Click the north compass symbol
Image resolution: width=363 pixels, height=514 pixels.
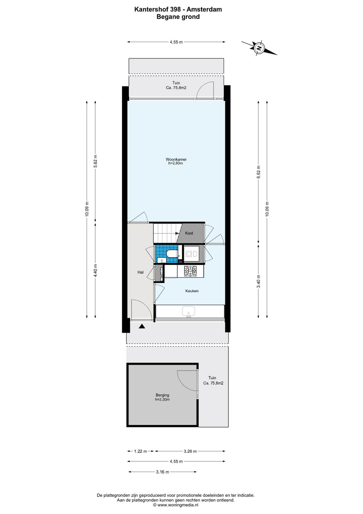[x=259, y=48]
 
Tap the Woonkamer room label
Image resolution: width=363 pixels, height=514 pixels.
[x=176, y=160]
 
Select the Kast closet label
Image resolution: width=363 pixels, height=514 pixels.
[x=189, y=233]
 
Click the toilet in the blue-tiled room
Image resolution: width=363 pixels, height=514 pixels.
[x=172, y=254]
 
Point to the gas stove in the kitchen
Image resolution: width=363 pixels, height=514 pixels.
[x=190, y=271]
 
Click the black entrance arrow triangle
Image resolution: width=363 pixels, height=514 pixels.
[x=142, y=326]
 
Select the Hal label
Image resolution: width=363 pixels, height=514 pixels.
[x=140, y=272]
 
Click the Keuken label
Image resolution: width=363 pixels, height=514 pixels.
[x=192, y=291]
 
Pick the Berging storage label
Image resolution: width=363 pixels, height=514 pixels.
[x=163, y=395]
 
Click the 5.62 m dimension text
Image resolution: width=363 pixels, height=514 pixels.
[x=95, y=161]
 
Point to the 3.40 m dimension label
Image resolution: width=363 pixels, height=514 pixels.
[x=258, y=281]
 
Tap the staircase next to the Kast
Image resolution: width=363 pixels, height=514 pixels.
[x=165, y=233]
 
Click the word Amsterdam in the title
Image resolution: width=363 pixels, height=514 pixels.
[x=204, y=9]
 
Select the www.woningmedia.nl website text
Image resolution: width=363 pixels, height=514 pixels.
[x=178, y=505]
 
